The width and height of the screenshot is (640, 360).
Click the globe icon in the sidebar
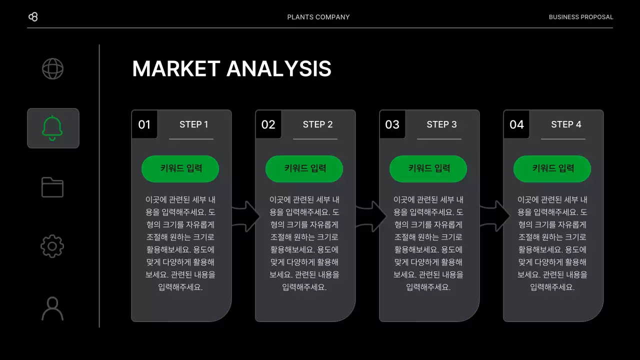pyautogui.click(x=52, y=68)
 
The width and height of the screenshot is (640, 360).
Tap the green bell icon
pyautogui.click(x=52, y=128)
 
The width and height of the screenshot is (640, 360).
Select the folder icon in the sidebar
pyautogui.click(x=52, y=187)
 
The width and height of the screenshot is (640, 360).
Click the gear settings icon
pyautogui.click(x=52, y=246)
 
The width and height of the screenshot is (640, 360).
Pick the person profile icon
pyautogui.click(x=52, y=308)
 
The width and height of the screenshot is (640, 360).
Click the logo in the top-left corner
pyautogui.click(x=33, y=17)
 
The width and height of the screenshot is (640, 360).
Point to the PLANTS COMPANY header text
pyautogui.click(x=318, y=17)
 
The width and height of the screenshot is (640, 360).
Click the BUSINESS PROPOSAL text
pyautogui.click(x=580, y=17)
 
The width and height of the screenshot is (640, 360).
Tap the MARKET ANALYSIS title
pyautogui.click(x=231, y=69)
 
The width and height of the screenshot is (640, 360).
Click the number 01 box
pyautogui.click(x=144, y=124)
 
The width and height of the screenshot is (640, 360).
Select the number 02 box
pyautogui.click(x=268, y=124)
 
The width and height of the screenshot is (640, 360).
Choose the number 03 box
pyautogui.click(x=392, y=124)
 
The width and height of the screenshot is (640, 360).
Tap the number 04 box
pyautogui.click(x=516, y=124)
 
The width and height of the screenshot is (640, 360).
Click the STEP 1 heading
pyautogui.click(x=193, y=124)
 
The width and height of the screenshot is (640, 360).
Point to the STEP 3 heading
pyautogui.click(x=441, y=124)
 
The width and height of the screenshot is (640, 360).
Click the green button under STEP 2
pyautogui.click(x=304, y=168)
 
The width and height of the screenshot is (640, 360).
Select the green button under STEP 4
pyautogui.click(x=552, y=168)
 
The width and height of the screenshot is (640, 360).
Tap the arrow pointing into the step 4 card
pyautogui.click(x=494, y=216)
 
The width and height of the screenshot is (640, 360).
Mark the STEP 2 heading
pyautogui.click(x=317, y=124)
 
